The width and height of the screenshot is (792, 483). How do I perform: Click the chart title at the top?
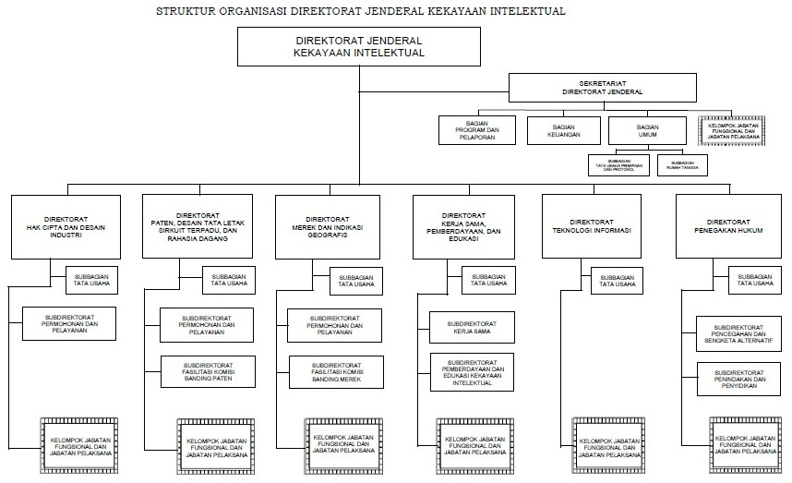point(361,11)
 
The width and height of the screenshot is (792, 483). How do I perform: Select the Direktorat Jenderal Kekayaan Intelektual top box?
point(360,47)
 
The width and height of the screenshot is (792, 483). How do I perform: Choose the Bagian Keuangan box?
point(564,130)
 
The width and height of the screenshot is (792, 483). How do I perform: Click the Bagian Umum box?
point(647,130)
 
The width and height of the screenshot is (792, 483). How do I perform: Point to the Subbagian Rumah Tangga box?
point(682,165)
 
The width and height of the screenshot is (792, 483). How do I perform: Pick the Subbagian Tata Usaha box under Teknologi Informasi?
point(618,280)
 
